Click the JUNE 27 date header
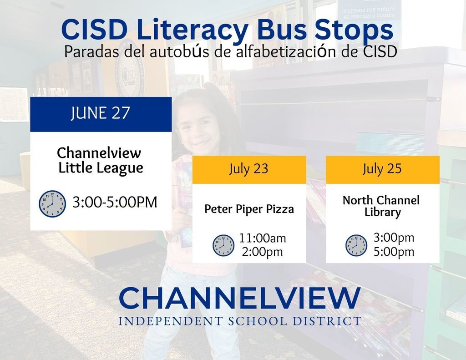(101, 113)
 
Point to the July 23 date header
(248, 169)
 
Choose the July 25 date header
(382, 169)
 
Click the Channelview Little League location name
(101, 160)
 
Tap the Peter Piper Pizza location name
(249, 209)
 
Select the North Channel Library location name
(381, 206)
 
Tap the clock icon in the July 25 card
(356, 245)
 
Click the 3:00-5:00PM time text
(115, 202)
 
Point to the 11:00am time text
(263, 238)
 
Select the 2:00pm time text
(262, 252)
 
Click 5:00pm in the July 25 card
(394, 252)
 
